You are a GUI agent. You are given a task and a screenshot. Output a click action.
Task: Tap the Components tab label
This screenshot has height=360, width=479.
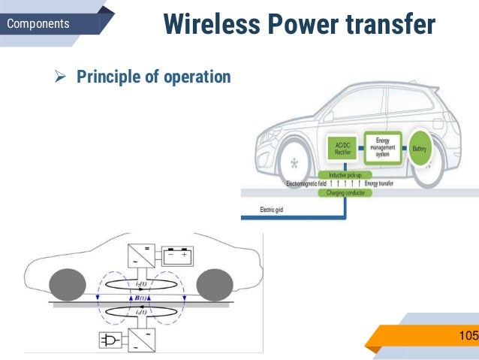click(38, 24)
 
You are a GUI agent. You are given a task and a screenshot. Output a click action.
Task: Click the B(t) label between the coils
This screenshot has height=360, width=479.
click(140, 298)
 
